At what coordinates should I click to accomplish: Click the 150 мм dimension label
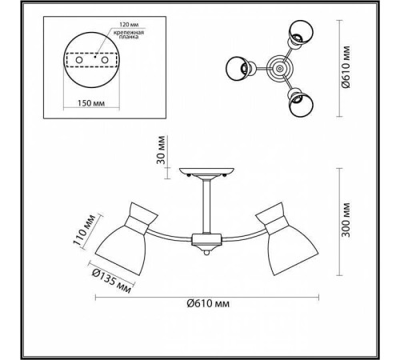point(91,103)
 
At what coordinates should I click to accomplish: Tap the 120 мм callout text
point(129,25)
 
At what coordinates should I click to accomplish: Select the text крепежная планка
point(129,34)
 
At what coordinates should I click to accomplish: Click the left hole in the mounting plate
point(79,60)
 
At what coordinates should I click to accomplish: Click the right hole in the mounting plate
point(104,60)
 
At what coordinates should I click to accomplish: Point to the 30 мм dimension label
point(161,150)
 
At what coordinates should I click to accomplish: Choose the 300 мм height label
point(346,220)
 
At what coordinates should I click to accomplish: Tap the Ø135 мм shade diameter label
point(111,281)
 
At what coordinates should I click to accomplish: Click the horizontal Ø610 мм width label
point(208,303)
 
